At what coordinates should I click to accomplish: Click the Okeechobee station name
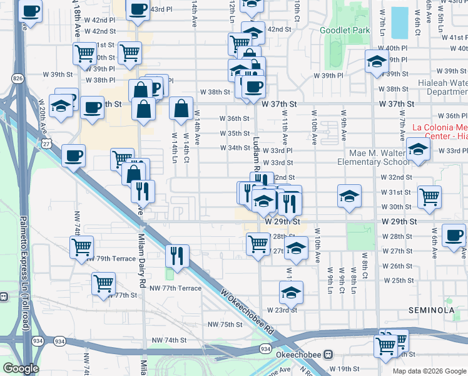299,355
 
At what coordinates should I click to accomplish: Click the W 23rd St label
282,310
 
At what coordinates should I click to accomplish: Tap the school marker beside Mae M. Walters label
417,149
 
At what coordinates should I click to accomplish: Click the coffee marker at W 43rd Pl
138,9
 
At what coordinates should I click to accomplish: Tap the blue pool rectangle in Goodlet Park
399,23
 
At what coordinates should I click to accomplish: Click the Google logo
21,368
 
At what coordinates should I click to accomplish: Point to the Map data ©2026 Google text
429,371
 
